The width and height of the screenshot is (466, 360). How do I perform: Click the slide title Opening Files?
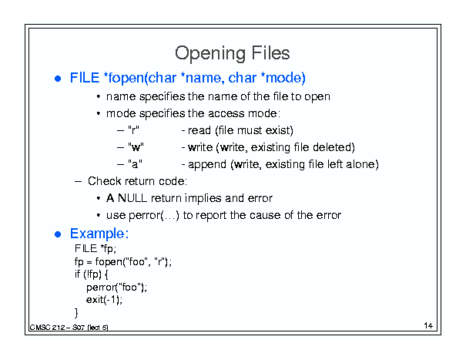(232, 53)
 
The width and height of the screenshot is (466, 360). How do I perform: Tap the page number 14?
(428, 325)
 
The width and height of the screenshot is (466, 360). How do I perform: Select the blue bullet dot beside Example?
(58, 234)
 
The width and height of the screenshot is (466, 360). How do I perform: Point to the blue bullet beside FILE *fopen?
(58, 79)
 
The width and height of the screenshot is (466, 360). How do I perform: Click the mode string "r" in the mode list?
(133, 130)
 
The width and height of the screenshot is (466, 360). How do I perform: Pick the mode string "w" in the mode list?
(136, 147)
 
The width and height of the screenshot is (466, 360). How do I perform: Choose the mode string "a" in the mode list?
(135, 164)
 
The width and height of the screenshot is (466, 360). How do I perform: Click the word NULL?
(132, 198)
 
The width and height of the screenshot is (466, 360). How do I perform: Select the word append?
(207, 164)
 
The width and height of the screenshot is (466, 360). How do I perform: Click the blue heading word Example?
(99, 234)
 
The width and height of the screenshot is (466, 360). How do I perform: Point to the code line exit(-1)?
(104, 300)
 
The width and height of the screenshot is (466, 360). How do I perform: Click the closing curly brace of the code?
(76, 313)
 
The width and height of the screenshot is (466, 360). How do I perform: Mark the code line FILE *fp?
(96, 249)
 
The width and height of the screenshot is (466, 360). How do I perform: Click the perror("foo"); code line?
(116, 288)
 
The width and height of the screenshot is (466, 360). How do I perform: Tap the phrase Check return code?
(137, 181)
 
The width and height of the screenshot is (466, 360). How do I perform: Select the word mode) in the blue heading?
(286, 78)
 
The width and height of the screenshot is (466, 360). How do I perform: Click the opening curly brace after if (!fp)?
(106, 274)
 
